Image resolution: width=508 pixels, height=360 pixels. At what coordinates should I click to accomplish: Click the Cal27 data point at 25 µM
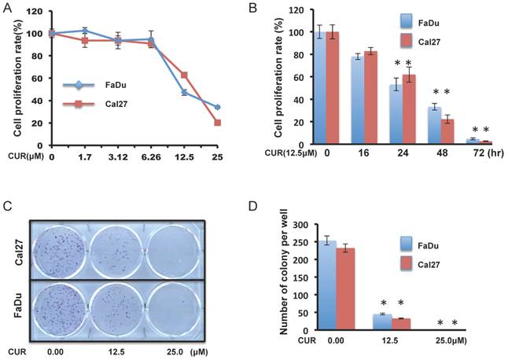217,123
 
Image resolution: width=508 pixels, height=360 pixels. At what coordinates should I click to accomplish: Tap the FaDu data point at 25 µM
217,107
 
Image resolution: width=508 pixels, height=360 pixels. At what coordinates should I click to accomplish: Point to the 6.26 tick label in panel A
151,158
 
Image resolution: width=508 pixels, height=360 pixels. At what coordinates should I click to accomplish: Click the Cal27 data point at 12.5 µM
184,75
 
